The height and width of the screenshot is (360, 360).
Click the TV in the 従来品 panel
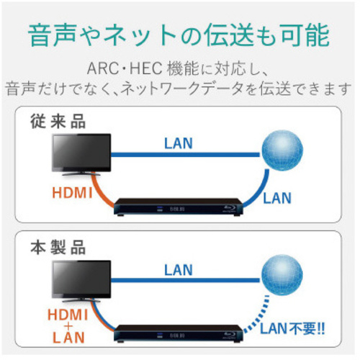(81, 153)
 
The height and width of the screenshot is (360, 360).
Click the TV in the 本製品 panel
(81, 280)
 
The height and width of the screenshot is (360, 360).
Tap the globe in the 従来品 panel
(282, 150)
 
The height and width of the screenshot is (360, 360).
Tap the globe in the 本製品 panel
(282, 275)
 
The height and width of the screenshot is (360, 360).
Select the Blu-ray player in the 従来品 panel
(178, 207)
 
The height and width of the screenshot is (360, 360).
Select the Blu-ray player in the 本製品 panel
(178, 333)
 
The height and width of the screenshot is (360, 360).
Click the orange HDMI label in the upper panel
(72, 192)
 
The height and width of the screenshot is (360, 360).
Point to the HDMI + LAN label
(68, 326)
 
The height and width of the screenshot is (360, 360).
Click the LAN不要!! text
(292, 328)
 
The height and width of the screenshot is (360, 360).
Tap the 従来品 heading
(58, 122)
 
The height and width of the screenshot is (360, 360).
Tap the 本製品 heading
(58, 247)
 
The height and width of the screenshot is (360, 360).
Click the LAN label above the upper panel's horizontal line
(179, 143)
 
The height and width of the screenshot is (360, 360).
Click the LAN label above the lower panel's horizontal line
(179, 270)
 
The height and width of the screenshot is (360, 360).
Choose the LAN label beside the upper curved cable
(277, 198)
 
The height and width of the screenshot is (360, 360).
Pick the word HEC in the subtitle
(146, 68)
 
